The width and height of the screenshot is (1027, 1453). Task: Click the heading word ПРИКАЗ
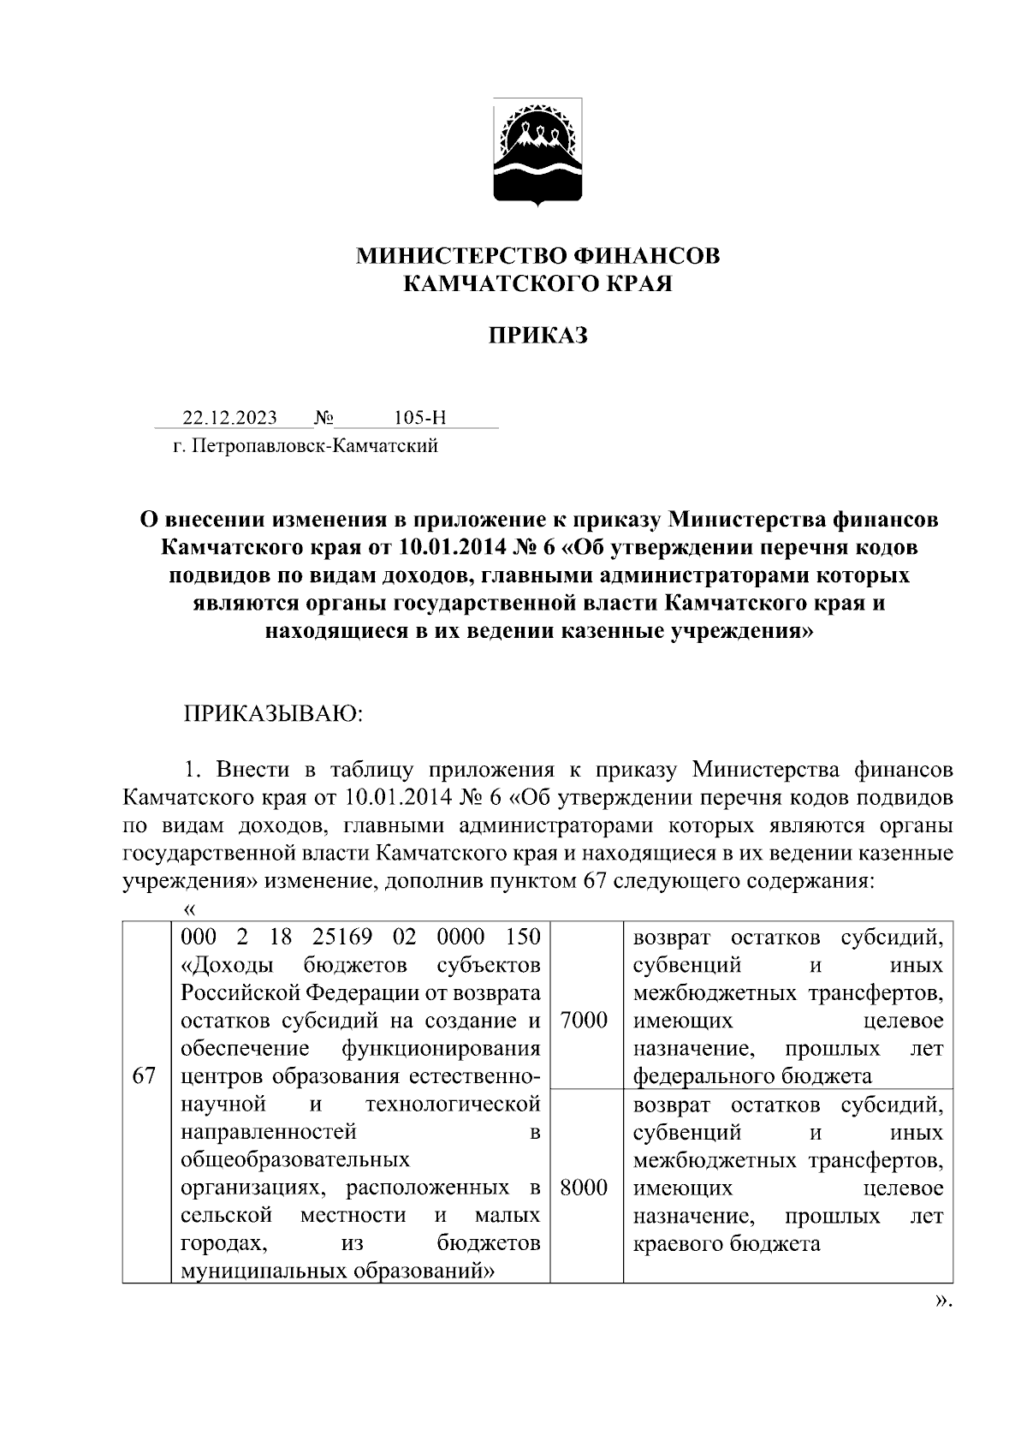[537, 336]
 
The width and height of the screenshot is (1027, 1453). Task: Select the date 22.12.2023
[229, 418]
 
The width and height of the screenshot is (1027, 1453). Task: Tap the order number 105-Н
[420, 418]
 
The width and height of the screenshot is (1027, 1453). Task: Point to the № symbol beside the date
[324, 418]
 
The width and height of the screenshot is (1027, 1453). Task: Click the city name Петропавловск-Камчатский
[315, 445]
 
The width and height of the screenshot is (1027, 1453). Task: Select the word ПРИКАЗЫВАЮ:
[274, 714]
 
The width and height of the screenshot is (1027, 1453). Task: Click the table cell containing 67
[145, 1076]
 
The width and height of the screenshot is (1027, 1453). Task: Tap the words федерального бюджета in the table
[752, 1076]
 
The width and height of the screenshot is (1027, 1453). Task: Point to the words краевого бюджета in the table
[726, 1243]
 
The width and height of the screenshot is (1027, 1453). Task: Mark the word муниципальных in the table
[262, 1271]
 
